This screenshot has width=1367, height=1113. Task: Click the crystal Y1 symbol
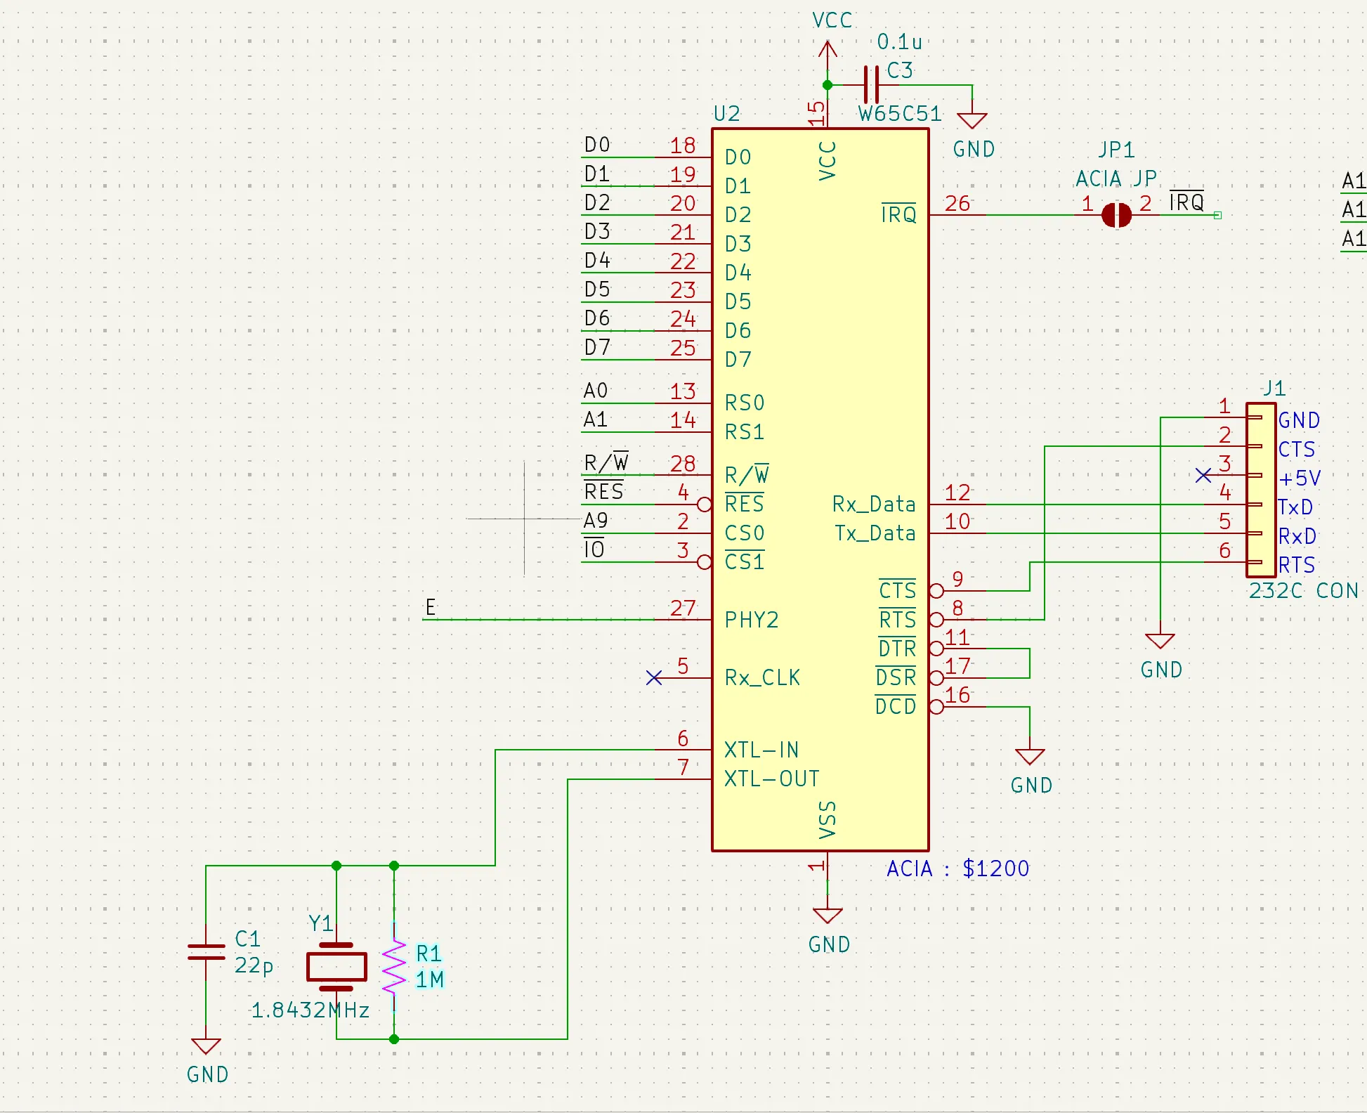tap(336, 967)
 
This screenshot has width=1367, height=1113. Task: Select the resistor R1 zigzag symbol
tap(394, 966)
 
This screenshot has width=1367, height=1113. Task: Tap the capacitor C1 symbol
tap(206, 952)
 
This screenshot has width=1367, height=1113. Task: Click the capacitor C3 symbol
tap(871, 84)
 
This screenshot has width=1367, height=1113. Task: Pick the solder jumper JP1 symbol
tap(1116, 215)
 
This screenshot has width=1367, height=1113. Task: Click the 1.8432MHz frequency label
tap(310, 1010)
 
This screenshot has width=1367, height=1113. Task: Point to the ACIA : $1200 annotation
tap(957, 868)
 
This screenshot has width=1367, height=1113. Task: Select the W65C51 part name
tap(900, 113)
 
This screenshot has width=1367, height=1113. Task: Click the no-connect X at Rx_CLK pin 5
tap(654, 677)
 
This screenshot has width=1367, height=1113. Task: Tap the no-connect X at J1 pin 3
tap(1203, 476)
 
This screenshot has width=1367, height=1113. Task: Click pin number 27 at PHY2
tap(683, 608)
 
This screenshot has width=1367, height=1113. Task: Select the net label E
tap(431, 607)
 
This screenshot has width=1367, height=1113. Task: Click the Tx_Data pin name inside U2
tap(875, 533)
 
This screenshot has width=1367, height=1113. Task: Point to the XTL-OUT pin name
tap(772, 779)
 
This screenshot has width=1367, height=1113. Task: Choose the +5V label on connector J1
tap(1300, 479)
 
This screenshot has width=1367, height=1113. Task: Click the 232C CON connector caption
tap(1304, 590)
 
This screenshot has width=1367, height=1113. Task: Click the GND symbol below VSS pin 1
tap(828, 916)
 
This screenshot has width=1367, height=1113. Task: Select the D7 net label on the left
tap(598, 347)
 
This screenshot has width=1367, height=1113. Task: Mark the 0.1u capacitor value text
tap(899, 42)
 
